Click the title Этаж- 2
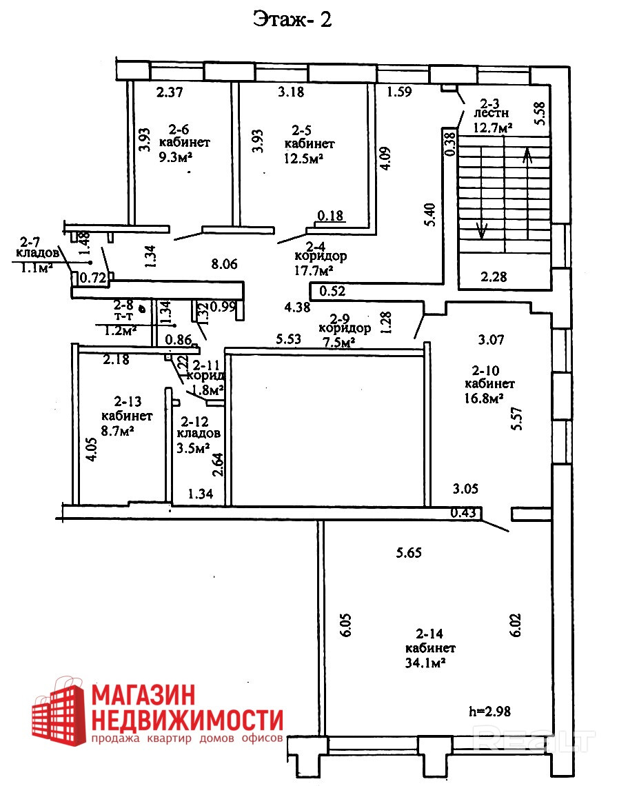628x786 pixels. pos(293,19)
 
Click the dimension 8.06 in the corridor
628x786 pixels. pos(225,263)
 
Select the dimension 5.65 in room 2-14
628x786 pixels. pos(408,552)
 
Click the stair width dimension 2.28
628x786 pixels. pos(494,278)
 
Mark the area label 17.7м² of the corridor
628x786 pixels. pos(316,270)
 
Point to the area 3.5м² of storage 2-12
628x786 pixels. pos(194,448)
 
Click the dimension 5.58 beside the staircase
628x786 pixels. pos(540,113)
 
